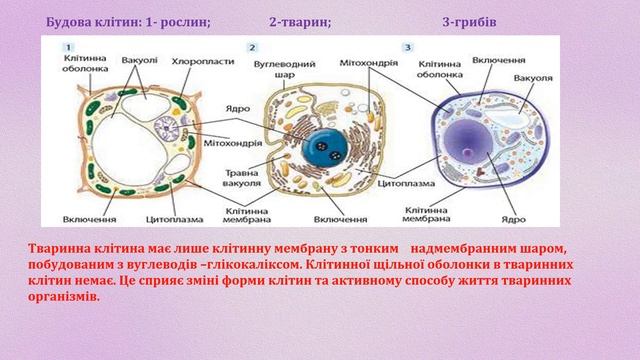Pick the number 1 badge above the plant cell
[x=67, y=47]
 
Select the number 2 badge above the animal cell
[x=253, y=47]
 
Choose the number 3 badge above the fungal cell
[x=407, y=47]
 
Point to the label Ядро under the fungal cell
[x=512, y=218]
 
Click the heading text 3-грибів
[x=469, y=21]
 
